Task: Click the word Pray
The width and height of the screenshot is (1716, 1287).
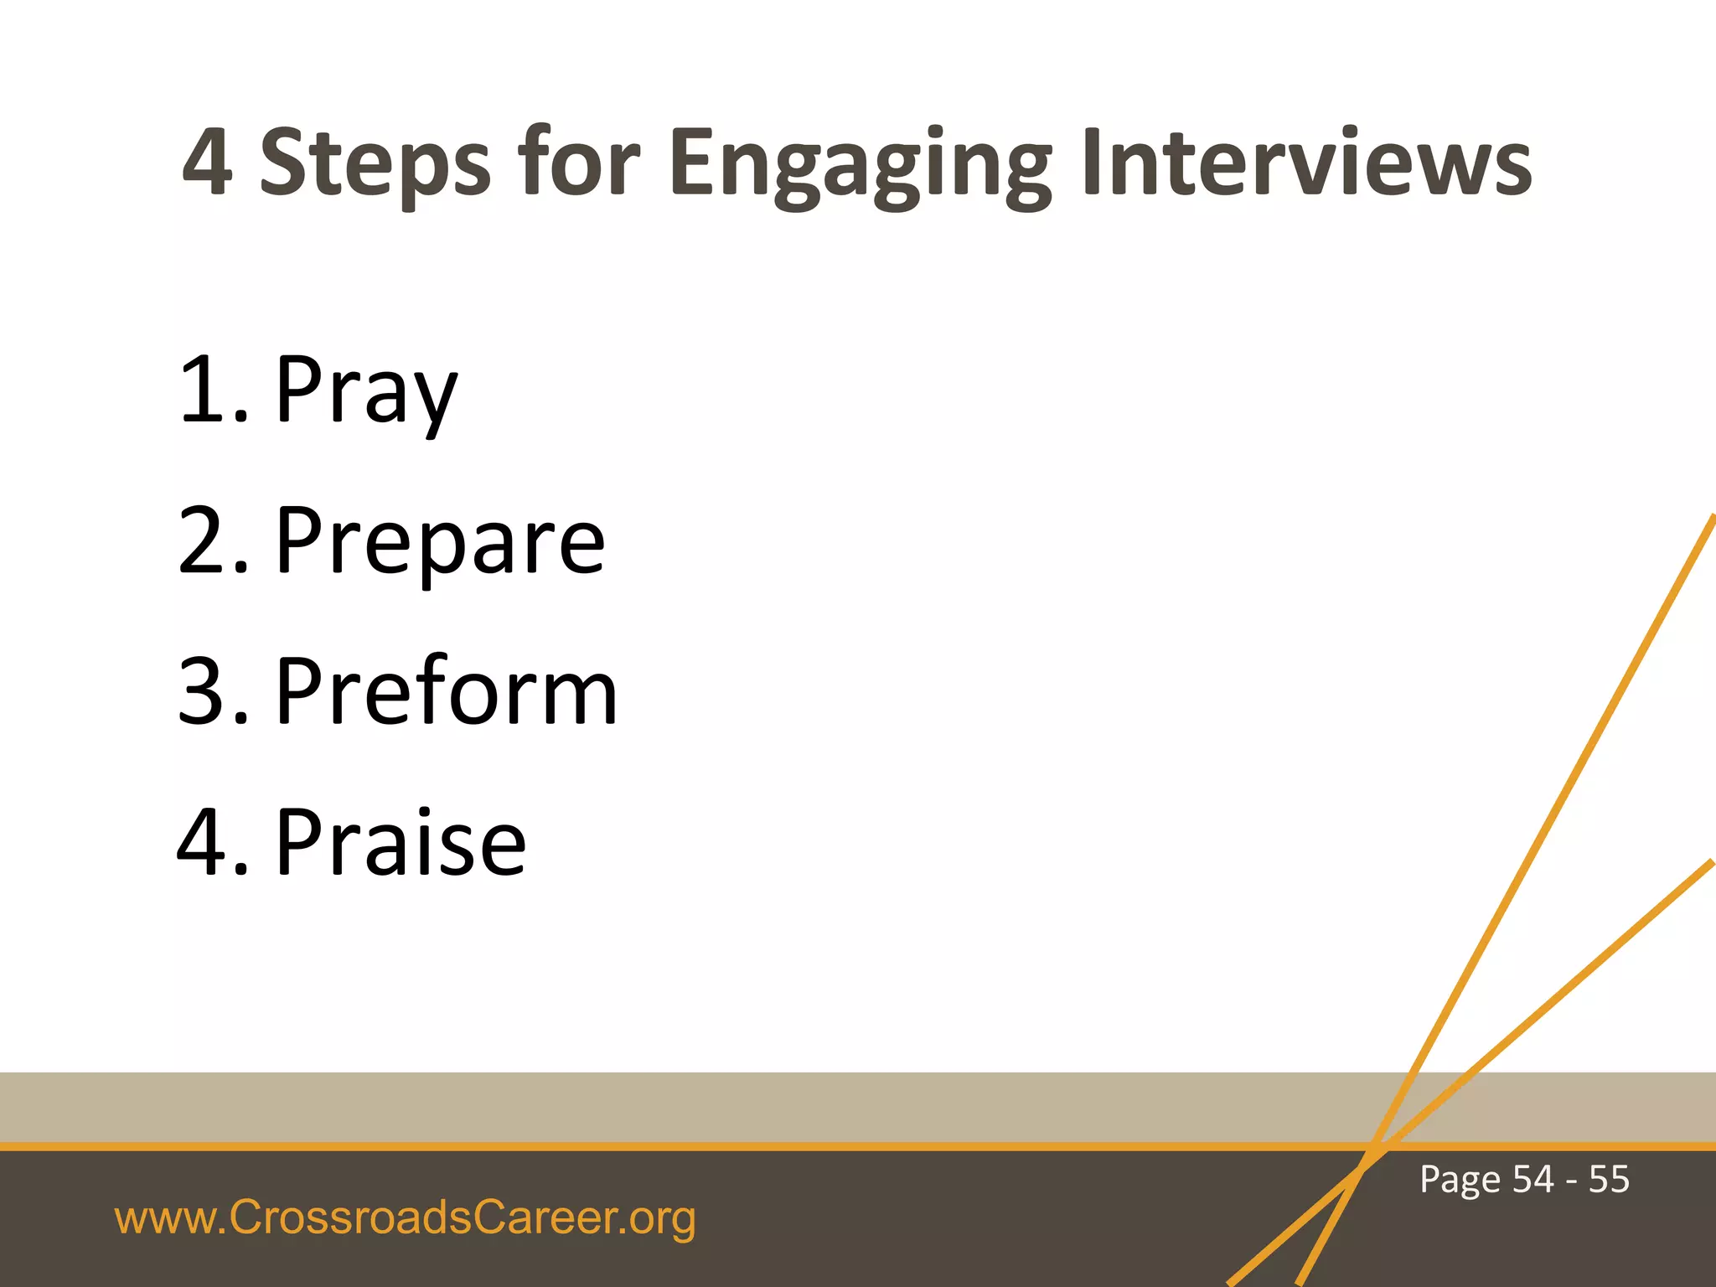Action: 366,390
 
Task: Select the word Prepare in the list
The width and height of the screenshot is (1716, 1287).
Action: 440,543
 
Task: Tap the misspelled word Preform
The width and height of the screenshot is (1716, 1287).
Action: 447,692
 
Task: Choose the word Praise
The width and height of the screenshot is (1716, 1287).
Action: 401,843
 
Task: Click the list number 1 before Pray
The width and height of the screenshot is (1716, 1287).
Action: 204,389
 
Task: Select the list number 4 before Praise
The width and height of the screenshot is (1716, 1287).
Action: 204,843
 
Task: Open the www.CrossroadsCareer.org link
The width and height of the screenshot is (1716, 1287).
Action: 405,1218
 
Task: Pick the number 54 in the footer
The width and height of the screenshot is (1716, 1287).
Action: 1533,1179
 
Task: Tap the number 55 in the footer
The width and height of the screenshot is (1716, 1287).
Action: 1609,1179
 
